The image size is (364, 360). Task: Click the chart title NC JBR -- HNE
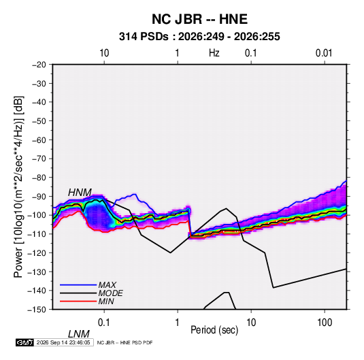coord(199,19)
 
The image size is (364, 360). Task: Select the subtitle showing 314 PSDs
coord(199,37)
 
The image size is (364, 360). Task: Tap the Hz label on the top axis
coord(214,53)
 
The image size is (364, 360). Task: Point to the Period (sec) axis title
coord(214,330)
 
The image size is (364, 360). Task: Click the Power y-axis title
coord(18,187)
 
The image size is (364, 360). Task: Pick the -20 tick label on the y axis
coord(39,65)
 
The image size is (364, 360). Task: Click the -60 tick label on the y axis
coord(39,140)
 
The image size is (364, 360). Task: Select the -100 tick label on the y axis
coord(37,215)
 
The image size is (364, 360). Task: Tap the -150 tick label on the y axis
coord(37,310)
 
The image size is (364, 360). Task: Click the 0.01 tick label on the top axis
coord(324,53)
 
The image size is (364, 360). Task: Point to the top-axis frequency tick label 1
coord(177,53)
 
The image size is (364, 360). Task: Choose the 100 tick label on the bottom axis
coord(325,323)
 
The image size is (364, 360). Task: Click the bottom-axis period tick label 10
coord(251,323)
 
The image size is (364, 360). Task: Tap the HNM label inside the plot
coord(80,193)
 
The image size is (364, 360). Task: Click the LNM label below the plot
coord(79,334)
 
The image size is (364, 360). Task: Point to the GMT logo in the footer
coord(24,342)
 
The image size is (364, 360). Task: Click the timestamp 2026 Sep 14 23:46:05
coord(63,342)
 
